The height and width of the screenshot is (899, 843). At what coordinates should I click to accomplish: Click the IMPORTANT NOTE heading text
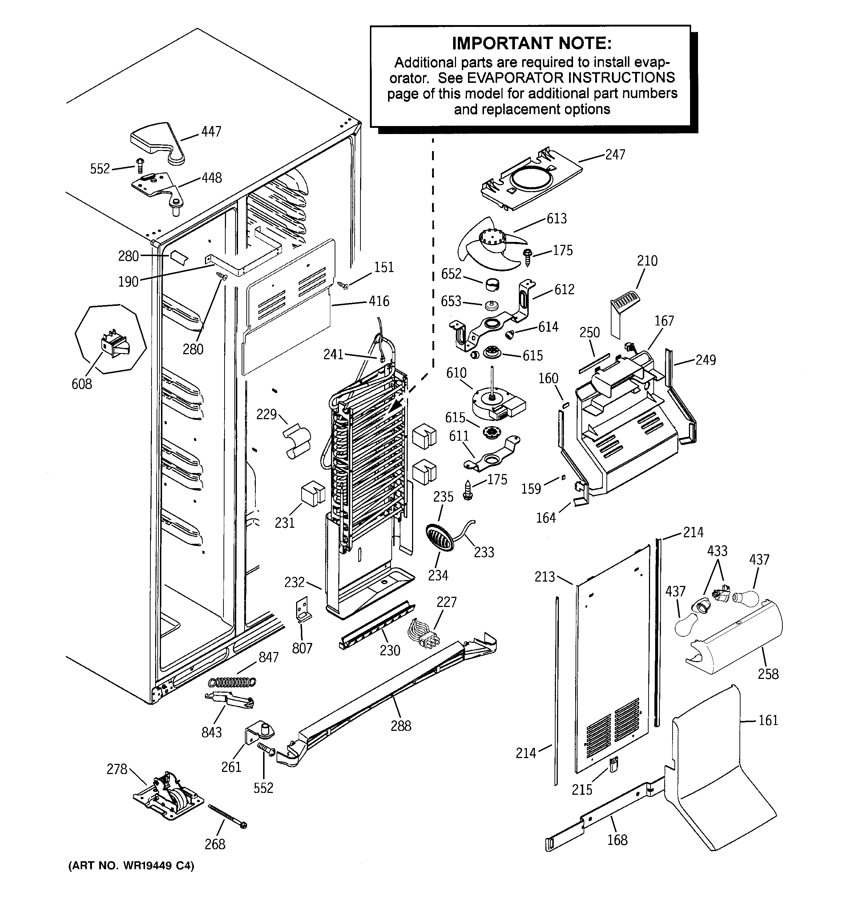click(531, 44)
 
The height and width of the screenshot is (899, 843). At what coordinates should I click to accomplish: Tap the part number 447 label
click(211, 131)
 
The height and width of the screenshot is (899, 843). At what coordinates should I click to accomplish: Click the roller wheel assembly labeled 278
click(167, 796)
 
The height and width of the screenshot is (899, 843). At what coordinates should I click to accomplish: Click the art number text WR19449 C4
click(131, 866)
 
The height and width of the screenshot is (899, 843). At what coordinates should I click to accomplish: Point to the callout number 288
click(401, 726)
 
